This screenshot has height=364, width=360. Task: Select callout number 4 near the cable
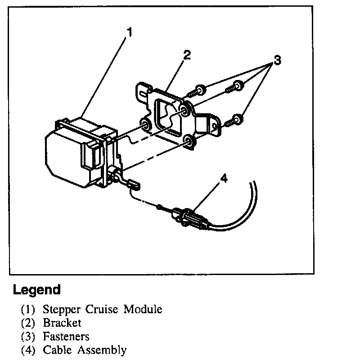[x=224, y=178]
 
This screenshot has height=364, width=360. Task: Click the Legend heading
[x=36, y=290]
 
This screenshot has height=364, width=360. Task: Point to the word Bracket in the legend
[x=62, y=323]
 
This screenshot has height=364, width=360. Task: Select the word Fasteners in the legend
[x=66, y=336]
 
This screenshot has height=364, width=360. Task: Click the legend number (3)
[x=28, y=336]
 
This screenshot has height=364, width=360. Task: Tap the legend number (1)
[x=28, y=310]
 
